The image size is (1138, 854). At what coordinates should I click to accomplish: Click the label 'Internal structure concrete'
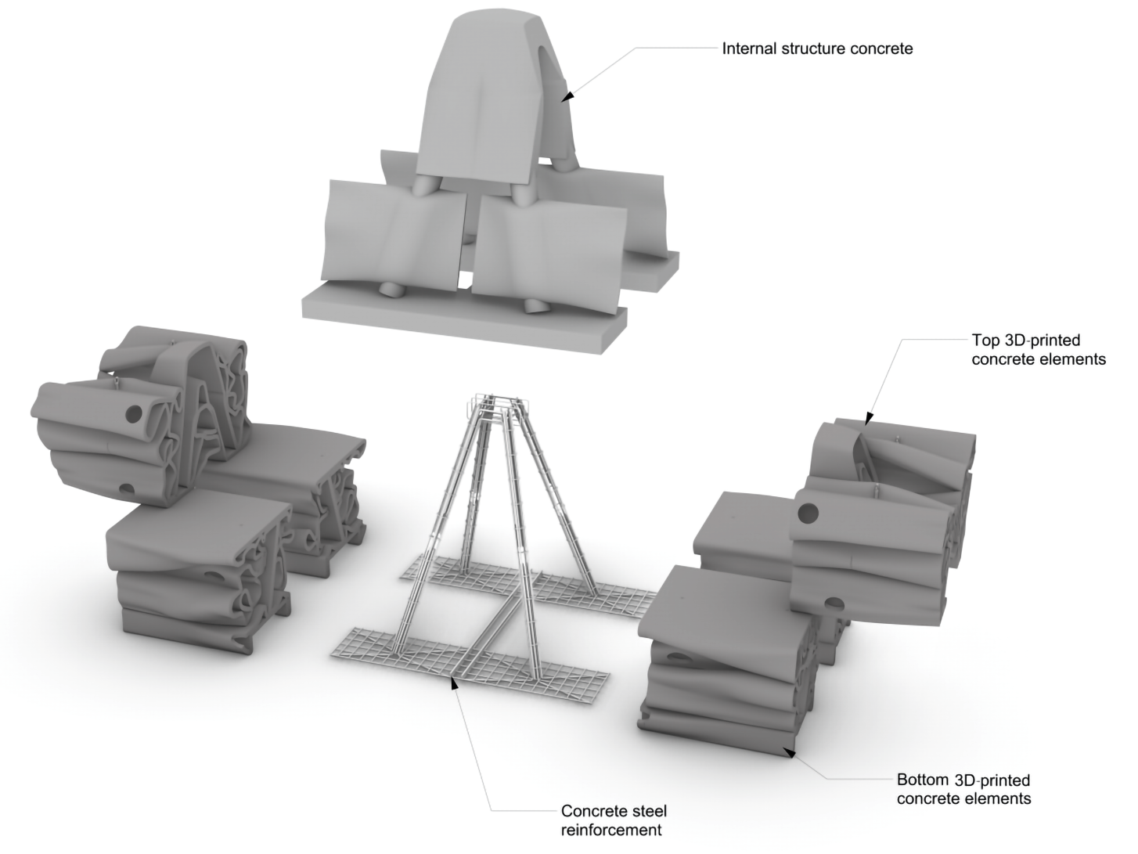tap(817, 49)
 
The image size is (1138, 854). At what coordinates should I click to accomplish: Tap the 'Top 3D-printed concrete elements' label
tap(1038, 350)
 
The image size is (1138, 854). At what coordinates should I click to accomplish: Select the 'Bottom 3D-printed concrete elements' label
tap(963, 789)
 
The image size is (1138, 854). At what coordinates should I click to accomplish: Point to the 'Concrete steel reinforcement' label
tap(614, 820)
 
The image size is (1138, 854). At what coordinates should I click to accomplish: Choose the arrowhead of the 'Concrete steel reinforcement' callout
tap(452, 682)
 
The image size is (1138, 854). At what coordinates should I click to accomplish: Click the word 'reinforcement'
tap(611, 830)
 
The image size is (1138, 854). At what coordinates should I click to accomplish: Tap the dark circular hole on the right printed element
tap(808, 513)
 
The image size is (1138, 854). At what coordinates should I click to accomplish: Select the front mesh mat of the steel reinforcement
tap(470, 661)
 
